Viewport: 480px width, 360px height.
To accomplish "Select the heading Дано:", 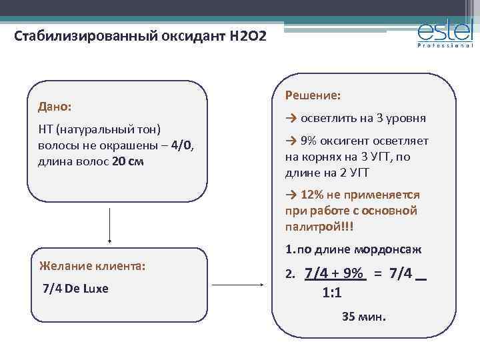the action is click(56, 107).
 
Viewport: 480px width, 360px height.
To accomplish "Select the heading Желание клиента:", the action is click(93, 265).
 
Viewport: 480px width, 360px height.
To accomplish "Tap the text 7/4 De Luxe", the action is click(75, 289).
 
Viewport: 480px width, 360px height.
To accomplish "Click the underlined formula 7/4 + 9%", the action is click(334, 273).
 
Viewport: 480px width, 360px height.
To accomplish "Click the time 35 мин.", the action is click(363, 317).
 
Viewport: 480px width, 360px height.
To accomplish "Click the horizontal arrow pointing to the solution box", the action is click(237, 285).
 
